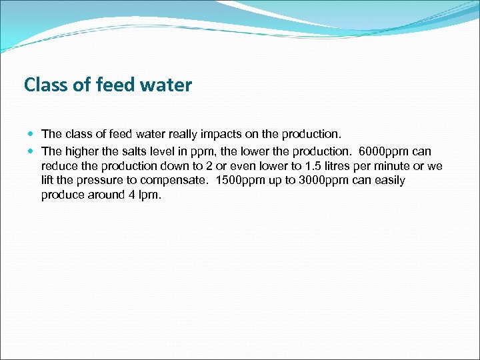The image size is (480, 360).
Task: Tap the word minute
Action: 396,166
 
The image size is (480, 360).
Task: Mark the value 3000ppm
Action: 317,181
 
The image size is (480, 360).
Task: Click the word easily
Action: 389,181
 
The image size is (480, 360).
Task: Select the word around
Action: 105,195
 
